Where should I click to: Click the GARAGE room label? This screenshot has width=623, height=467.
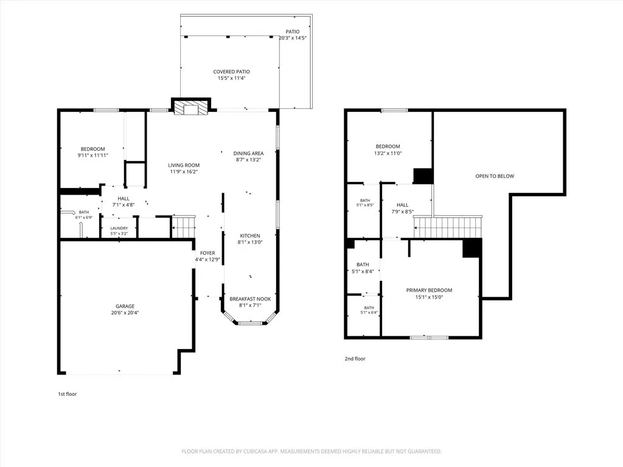(x=125, y=306)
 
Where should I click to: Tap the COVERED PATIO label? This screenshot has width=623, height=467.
(x=232, y=72)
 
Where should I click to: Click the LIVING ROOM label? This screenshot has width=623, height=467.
(x=184, y=165)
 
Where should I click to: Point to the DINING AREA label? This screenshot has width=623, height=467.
(x=248, y=153)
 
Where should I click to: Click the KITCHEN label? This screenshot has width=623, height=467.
(x=250, y=236)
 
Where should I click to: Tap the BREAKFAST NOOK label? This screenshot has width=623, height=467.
(x=250, y=299)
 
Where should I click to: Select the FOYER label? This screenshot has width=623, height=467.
(x=207, y=253)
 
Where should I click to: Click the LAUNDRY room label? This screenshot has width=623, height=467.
(x=119, y=229)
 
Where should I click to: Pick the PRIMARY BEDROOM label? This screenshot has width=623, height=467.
(x=429, y=290)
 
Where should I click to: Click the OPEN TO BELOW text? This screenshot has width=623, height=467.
(x=495, y=176)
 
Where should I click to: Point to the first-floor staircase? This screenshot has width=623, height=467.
(x=184, y=227)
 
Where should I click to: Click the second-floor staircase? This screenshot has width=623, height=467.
(x=448, y=227)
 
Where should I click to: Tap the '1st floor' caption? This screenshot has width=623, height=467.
(x=68, y=394)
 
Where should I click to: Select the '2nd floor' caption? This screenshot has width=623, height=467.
(x=355, y=359)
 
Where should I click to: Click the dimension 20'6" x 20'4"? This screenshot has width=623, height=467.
(x=125, y=313)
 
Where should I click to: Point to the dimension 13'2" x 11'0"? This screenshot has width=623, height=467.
(x=388, y=153)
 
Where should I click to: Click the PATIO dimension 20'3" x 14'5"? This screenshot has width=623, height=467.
(x=293, y=38)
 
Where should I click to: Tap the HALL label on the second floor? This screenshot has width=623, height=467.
(x=403, y=205)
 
